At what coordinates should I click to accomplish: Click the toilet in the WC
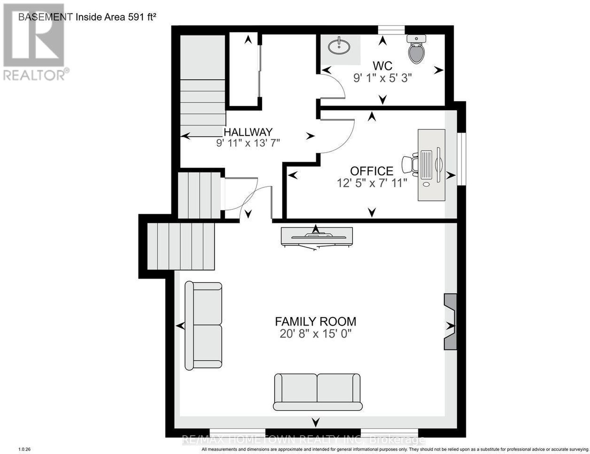(x=416, y=49)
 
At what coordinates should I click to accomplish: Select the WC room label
(x=382, y=66)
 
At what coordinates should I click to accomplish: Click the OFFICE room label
(x=371, y=171)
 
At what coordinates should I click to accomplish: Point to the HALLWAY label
(x=248, y=132)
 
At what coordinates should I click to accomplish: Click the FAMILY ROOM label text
(x=316, y=322)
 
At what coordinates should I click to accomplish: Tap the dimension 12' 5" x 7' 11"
(x=372, y=183)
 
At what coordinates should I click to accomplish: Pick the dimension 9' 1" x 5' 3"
(x=382, y=78)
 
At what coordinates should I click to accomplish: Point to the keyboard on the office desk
(x=426, y=164)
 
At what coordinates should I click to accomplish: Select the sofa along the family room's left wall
(x=203, y=325)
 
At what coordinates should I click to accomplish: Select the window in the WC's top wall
(x=391, y=30)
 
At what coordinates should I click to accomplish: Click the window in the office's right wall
(x=462, y=159)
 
